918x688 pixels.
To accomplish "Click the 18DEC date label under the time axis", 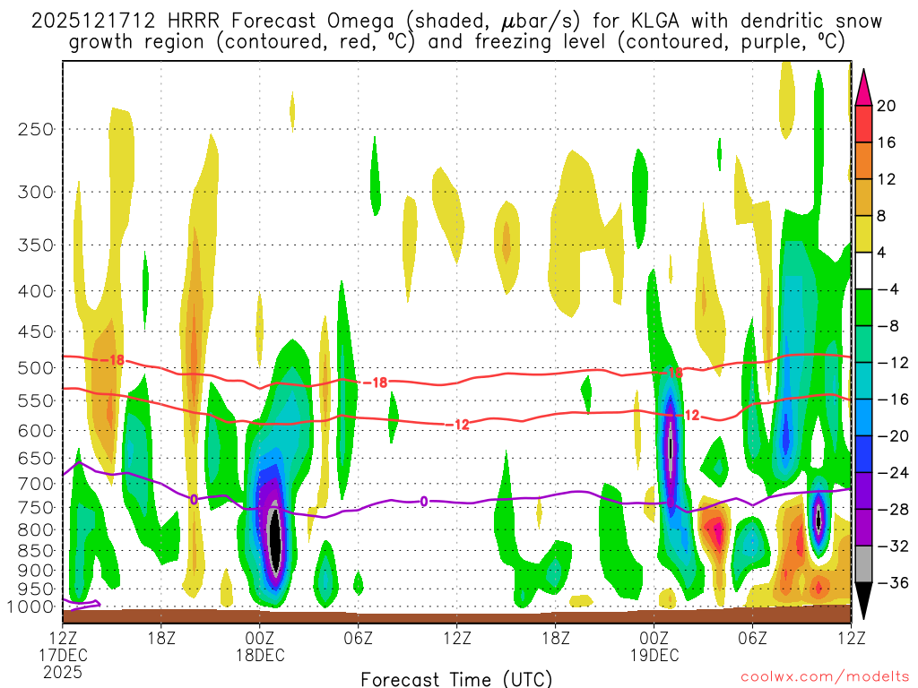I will click(260, 654).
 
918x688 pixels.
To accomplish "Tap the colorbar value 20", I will click(887, 106).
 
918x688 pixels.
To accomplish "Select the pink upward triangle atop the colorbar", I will click(863, 87).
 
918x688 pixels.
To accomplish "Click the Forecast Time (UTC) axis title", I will click(456, 678).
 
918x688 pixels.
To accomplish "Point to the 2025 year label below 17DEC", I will click(63, 671).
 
